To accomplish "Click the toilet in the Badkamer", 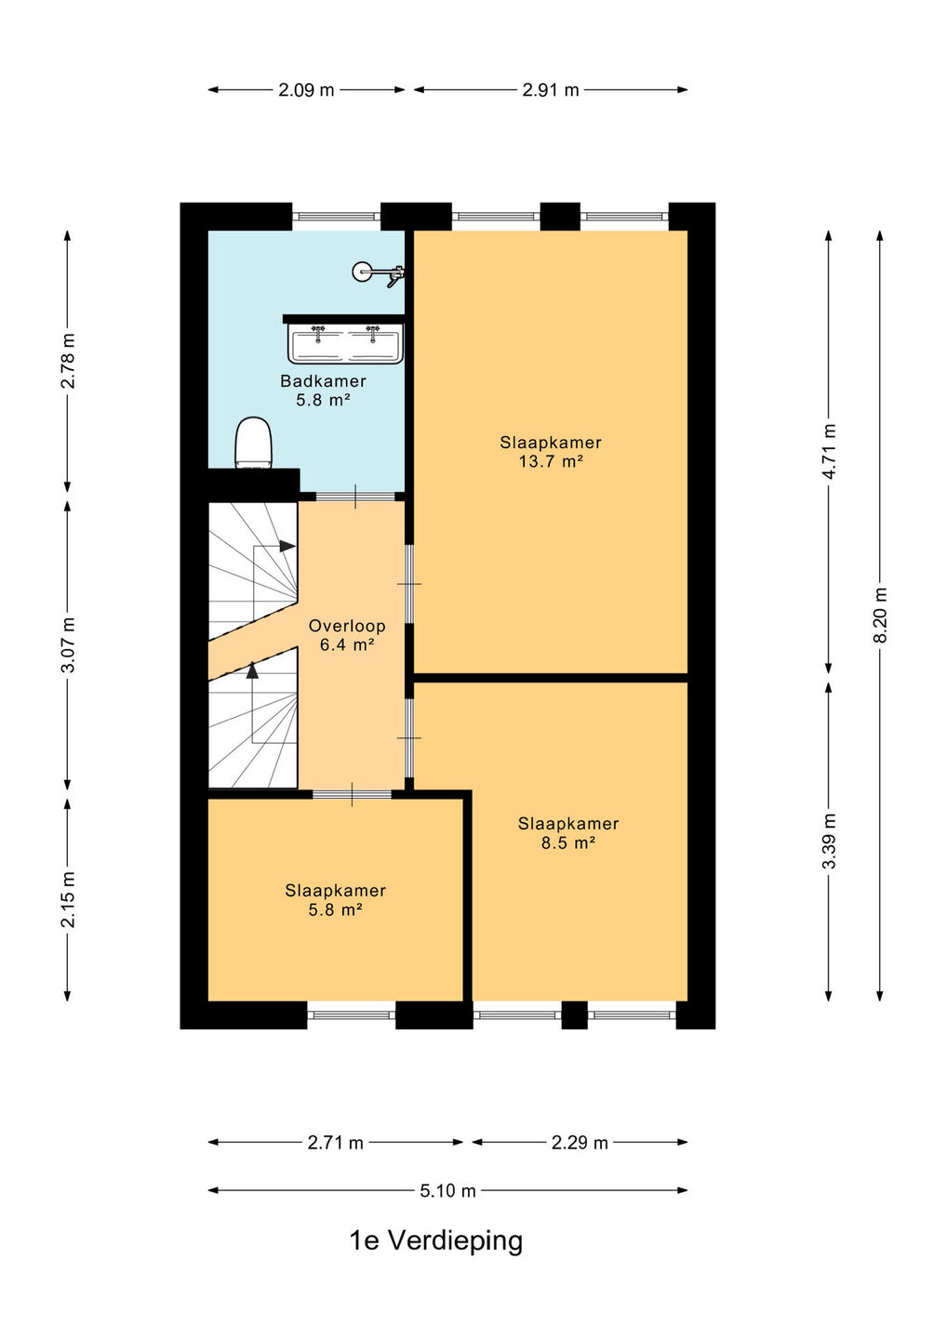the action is click(x=254, y=443).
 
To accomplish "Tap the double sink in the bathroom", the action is click(x=346, y=342).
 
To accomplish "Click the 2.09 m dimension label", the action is click(x=306, y=90).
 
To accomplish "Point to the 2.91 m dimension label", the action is click(x=551, y=90).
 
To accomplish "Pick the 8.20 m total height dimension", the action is click(x=880, y=616).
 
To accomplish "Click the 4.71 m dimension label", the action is click(x=829, y=451).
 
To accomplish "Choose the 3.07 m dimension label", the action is click(x=68, y=644).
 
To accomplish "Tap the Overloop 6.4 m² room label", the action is click(x=347, y=635).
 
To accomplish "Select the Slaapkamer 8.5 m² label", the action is click(x=568, y=833).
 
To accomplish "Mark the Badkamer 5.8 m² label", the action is click(x=323, y=391).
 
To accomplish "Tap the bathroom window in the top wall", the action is click(x=337, y=216).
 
